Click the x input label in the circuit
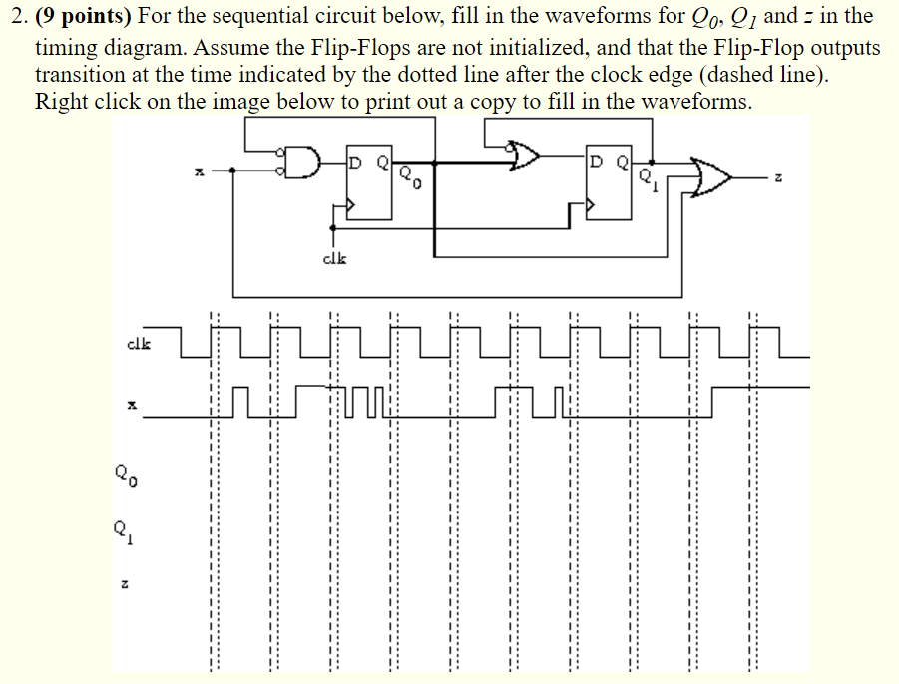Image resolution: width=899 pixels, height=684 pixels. coord(199,172)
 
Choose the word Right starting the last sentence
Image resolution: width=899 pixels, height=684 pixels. coord(59,102)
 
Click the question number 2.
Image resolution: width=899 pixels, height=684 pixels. coord(12,17)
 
